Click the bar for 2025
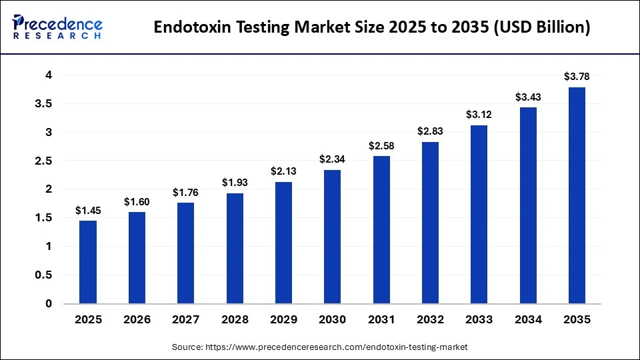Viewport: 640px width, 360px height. click(88, 262)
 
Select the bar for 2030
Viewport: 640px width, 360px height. click(332, 237)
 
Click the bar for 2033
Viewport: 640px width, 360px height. click(479, 214)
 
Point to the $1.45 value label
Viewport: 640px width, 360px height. click(88, 211)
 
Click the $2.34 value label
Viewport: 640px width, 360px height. click(332, 159)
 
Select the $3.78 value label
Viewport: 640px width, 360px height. click(577, 77)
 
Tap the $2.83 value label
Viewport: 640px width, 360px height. click(430, 131)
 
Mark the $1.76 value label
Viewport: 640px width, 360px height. click(185, 193)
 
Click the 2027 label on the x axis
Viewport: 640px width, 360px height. click(185, 320)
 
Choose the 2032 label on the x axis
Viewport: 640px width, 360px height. click(430, 320)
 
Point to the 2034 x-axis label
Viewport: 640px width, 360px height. click(527, 320)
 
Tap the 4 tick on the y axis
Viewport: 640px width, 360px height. click(49, 75)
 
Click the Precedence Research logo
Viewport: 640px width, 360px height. click(57, 27)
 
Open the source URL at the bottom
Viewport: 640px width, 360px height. click(341, 347)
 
